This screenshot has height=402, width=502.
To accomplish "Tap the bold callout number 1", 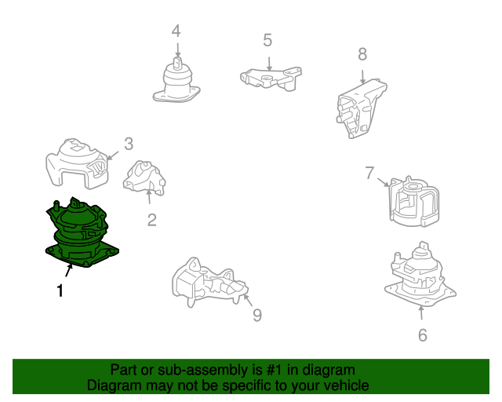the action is [60, 291].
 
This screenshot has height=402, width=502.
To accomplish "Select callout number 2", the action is [151, 220].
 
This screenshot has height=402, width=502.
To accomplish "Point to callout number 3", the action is [129, 144].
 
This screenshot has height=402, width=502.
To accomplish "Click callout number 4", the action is [176, 31].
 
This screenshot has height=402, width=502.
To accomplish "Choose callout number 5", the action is [267, 40].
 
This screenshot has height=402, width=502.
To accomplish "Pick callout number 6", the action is [423, 335].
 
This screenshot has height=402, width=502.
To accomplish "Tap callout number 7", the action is [369, 173].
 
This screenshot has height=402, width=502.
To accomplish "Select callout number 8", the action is [362, 54].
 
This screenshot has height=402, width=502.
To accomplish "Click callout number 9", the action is [257, 315].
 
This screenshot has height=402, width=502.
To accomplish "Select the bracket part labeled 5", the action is [271, 78].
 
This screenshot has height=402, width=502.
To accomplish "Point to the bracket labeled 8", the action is [361, 109].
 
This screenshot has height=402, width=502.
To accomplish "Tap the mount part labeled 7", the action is [414, 202].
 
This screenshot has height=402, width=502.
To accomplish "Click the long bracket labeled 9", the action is [209, 283].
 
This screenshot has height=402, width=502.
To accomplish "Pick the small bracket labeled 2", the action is [144, 178].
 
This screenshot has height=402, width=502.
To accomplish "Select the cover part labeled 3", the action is [77, 163].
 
